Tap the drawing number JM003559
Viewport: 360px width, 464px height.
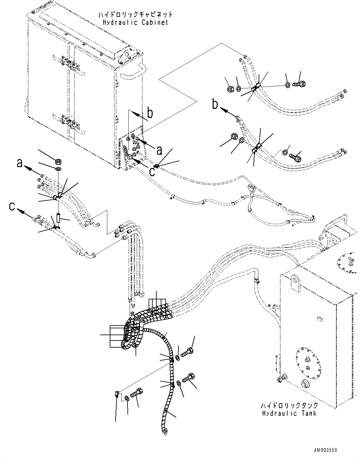click(x=325, y=450)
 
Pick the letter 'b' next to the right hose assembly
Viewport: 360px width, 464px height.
click(x=215, y=104)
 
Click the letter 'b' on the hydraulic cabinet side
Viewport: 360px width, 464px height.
click(x=150, y=114)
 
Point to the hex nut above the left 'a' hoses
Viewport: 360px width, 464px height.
click(x=58, y=162)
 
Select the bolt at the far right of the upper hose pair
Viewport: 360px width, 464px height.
click(x=299, y=84)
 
